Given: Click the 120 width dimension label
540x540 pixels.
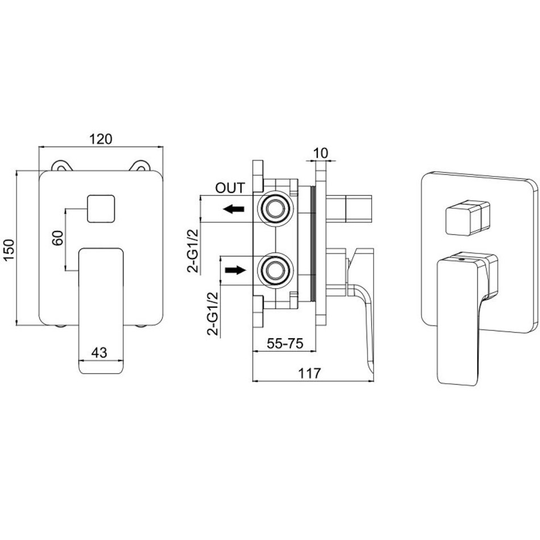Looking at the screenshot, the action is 101,139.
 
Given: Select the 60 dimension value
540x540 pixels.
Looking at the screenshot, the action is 58,238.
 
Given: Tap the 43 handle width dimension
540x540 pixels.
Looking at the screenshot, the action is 99,352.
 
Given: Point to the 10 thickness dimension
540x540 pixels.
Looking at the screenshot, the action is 321,153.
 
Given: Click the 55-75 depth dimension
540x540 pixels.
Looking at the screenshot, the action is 285,343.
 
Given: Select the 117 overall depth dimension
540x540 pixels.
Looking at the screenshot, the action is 309,373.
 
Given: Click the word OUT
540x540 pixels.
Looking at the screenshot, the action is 230,188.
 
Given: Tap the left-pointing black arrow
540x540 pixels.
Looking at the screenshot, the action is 234,209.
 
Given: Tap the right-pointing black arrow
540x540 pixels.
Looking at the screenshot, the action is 235,270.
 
